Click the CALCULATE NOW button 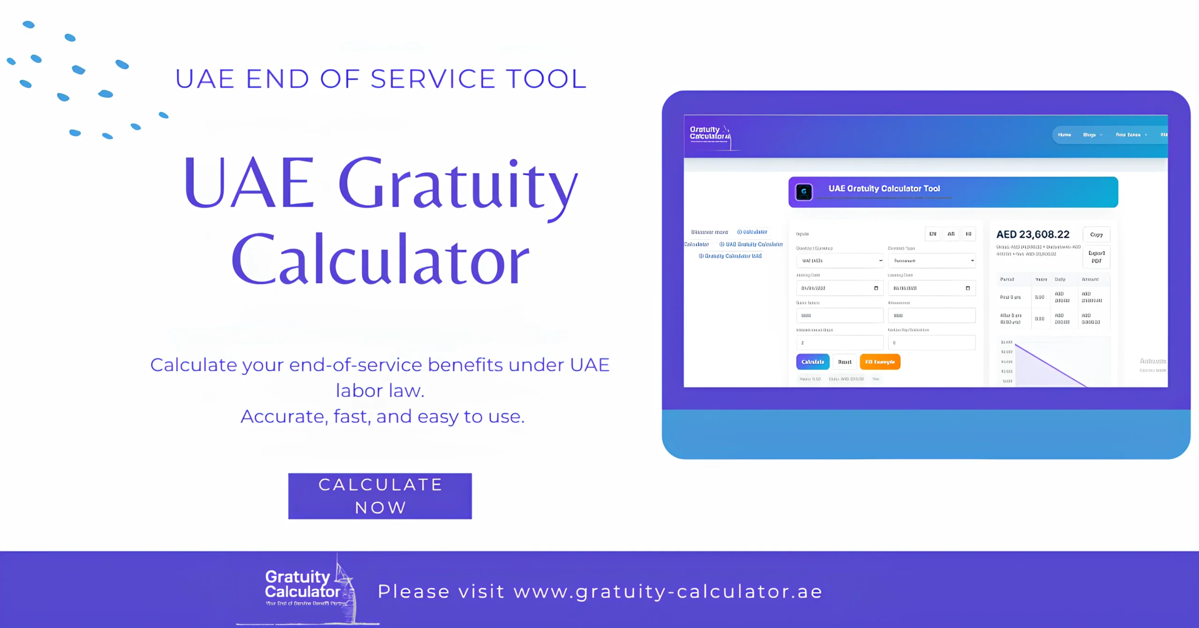[380, 496]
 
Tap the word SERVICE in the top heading [433, 79]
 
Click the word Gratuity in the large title [458, 184]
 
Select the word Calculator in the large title [380, 260]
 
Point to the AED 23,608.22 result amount [1033, 234]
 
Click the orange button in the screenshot [880, 362]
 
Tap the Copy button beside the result [1096, 234]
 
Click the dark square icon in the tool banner [804, 192]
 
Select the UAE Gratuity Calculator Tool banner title [884, 188]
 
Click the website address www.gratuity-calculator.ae [668, 591]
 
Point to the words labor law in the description [380, 391]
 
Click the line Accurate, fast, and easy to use [382, 416]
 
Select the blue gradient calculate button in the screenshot [813, 362]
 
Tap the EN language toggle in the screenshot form [933, 234]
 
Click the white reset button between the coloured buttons [844, 362]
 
